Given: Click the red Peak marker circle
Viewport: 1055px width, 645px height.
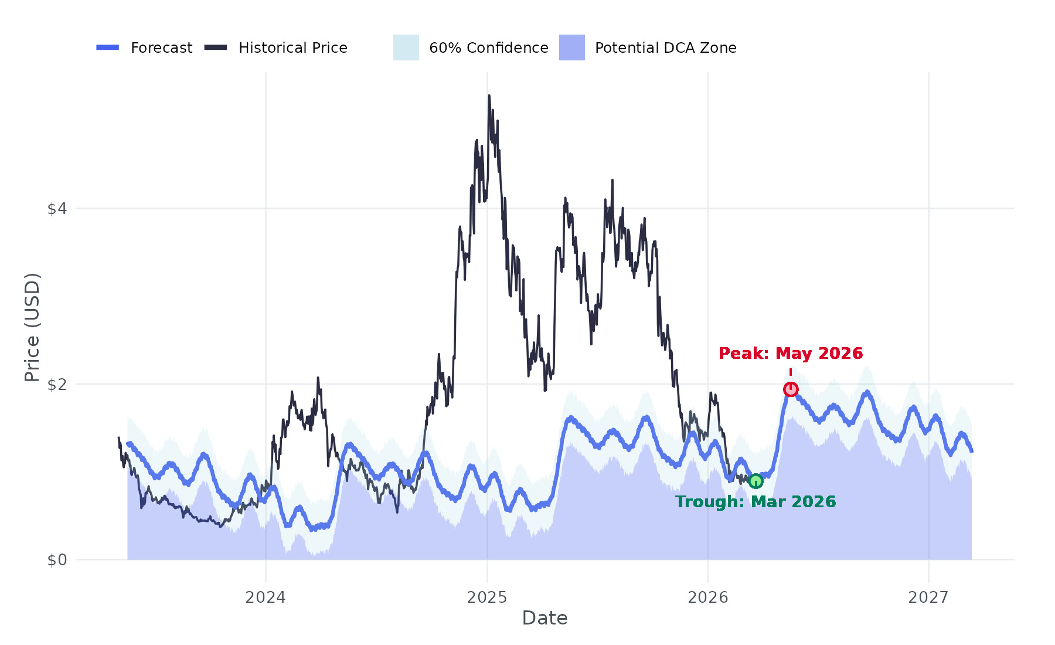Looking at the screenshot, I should (791, 389).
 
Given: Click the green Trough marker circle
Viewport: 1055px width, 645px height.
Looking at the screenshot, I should (755, 481).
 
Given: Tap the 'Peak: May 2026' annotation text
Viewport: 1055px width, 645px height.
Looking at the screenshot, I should (790, 354).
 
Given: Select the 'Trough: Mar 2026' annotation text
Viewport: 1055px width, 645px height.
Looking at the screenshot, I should (755, 502).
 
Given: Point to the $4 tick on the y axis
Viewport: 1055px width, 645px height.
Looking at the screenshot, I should (57, 209).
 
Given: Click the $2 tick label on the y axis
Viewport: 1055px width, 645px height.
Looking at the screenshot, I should (57, 385).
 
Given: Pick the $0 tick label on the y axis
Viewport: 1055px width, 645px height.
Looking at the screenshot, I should (57, 561).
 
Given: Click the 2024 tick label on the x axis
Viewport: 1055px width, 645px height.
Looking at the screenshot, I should (266, 598).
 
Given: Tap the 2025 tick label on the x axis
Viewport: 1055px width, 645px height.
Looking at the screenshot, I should (486, 598).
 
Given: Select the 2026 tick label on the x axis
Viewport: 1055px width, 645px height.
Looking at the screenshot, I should (707, 598).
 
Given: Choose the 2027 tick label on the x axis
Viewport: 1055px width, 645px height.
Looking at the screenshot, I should (928, 598).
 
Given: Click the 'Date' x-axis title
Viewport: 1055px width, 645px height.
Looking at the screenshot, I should (544, 618).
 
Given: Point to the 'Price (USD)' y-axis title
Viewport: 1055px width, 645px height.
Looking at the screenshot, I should (32, 327).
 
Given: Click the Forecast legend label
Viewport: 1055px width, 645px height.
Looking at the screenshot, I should (161, 48).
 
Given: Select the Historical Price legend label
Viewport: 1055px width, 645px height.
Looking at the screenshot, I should (292, 48).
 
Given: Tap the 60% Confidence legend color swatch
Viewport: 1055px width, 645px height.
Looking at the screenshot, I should (406, 47).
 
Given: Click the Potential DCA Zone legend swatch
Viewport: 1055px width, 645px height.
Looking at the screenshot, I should (571, 47).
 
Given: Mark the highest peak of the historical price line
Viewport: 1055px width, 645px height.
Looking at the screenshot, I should (489, 96).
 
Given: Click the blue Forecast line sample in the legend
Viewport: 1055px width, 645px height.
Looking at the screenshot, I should (108, 47).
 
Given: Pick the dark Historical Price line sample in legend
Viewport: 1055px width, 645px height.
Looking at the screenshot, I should (216, 47).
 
